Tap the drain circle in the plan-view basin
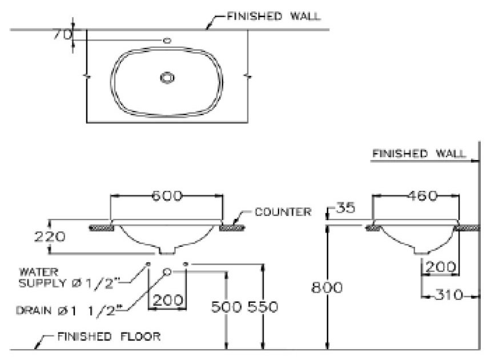pos(167,78)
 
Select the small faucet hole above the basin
pos(167,41)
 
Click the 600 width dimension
pos(167,196)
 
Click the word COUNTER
pos(283,212)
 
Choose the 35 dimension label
pos(344,208)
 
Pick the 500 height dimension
pos(227,307)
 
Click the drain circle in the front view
pos(168,271)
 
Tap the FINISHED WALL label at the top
pos(273,16)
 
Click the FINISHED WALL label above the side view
pos(418,153)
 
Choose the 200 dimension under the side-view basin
pos(440,267)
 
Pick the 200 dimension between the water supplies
pos(168,300)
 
